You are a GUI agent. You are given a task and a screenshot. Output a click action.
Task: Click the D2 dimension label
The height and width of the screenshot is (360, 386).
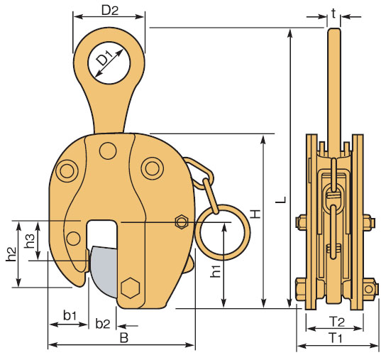point(110,11)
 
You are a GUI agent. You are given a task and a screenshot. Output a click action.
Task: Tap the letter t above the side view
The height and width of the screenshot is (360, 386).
point(333,13)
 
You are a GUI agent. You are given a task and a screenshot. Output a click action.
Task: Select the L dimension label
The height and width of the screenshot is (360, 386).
point(281,199)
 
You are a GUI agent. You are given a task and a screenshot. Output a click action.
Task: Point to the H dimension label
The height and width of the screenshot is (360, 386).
point(255,214)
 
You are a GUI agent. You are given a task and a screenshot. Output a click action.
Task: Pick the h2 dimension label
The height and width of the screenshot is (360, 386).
point(11,253)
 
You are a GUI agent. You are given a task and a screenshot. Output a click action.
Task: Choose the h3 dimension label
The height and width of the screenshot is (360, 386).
point(30,241)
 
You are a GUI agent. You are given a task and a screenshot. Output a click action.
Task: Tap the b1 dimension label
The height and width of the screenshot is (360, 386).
point(70,315)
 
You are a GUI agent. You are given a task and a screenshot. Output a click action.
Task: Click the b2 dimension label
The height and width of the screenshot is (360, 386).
point(103,323)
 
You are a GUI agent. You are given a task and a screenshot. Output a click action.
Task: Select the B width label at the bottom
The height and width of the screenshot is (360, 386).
point(124,337)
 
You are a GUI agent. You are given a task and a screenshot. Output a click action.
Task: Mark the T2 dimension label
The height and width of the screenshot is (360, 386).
point(337,322)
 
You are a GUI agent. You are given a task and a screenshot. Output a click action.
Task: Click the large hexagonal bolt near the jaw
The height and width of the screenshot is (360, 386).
point(131,288)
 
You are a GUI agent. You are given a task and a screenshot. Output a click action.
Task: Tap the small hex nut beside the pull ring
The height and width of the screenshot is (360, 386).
point(182,222)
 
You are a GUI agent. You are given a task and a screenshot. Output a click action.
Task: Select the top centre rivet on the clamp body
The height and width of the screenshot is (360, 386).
point(108,151)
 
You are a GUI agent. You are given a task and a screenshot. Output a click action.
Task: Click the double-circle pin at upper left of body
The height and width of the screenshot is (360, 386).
point(67,170)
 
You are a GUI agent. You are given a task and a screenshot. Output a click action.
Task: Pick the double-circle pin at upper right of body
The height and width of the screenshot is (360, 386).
point(153,168)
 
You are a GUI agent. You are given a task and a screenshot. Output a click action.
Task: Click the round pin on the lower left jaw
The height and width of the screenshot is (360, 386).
point(73,239)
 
